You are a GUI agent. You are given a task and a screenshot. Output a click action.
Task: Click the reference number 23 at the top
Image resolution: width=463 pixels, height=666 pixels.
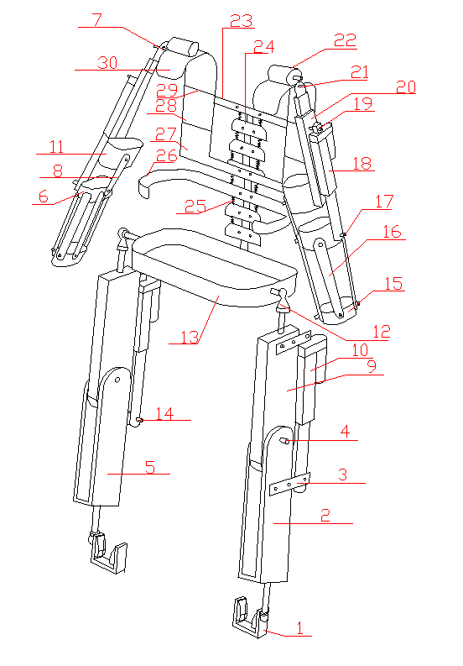pos(241,20)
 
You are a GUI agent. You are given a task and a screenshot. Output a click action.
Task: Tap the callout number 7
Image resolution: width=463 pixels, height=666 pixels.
pos(97,19)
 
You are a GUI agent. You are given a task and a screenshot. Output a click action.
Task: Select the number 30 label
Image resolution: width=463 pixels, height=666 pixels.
pos(107,62)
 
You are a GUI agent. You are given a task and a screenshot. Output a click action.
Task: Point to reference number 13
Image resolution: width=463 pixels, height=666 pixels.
pos(190,338)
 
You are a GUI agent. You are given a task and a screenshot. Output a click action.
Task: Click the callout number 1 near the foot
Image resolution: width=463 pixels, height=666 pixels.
pos(299,627)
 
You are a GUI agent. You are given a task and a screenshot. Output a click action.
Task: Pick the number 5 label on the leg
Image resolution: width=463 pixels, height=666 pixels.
pos(150,467)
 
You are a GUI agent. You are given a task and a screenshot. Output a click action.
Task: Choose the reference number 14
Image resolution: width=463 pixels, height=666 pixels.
pos(164,413)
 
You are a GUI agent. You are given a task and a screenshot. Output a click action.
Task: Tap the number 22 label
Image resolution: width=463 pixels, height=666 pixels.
pos(345,40)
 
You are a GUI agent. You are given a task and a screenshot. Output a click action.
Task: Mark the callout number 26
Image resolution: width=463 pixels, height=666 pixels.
pos(166,156)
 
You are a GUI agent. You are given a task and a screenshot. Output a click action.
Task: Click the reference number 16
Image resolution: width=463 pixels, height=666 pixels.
pos(392,232)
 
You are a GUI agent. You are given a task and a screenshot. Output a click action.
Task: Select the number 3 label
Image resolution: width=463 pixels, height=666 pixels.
pos(343,475)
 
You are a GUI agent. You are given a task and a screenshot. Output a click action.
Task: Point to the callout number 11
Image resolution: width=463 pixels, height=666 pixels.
pos(56,147)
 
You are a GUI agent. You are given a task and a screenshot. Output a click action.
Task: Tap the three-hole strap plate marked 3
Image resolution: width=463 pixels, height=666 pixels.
pos(290,485)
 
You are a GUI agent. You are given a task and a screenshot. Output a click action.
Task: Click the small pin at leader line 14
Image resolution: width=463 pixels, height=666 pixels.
pos(139,421)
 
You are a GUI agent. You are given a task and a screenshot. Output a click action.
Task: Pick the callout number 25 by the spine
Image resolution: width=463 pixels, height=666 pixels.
pos(195,206)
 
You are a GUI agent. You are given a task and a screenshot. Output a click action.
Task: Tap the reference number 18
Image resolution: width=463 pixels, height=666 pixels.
pos(362,164)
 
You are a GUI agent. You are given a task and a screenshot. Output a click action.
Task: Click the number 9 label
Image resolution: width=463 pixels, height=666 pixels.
pos(372,366)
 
